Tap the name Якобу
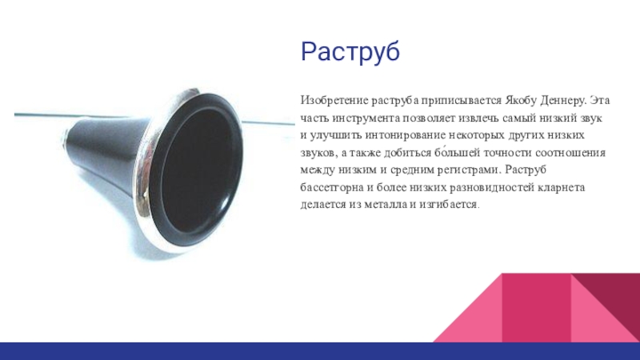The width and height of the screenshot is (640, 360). pos(523,102)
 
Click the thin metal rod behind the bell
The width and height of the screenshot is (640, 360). pos(264,123)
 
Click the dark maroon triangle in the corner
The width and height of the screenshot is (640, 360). pos(616,296)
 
